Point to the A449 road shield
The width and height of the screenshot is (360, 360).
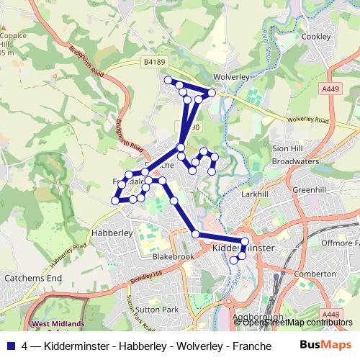[x=331, y=89]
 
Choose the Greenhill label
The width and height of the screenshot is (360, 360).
[x=310, y=190]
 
